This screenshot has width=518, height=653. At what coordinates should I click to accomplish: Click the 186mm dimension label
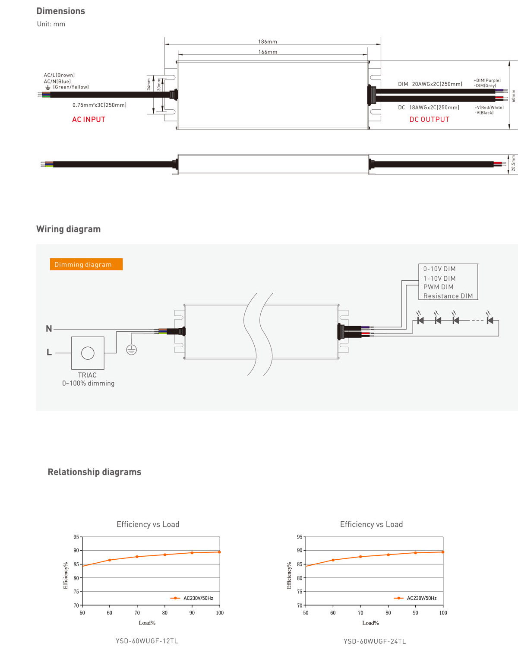pos(268,41)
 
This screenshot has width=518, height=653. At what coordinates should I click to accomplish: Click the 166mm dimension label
pos(268,52)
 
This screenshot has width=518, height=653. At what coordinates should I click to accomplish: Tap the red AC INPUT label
pos(88,120)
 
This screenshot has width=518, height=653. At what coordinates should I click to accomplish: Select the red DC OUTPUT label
pos(429,120)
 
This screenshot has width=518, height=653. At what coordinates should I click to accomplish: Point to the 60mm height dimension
pos(513,96)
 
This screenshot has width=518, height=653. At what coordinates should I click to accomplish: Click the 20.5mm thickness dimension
pos(513,164)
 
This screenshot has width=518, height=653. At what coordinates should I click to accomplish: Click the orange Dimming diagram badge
pos(86,264)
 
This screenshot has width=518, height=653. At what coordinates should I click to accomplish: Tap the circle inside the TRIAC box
pos(88,353)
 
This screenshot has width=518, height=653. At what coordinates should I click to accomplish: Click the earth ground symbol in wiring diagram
pos(132,350)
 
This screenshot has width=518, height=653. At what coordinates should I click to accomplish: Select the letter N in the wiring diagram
pos(49,329)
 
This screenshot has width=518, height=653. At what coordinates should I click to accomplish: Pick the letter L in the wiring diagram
pos(49,352)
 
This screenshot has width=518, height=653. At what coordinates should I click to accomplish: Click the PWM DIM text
pos(438,287)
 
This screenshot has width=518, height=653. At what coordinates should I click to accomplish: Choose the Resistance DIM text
pos(448,296)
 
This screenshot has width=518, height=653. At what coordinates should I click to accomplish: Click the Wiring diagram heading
pos(68,229)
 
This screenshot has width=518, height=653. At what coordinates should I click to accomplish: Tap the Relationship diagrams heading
pos(94,472)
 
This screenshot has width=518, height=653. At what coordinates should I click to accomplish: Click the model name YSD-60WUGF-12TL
pos(147,641)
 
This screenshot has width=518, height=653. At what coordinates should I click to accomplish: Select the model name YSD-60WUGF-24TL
pos(375,641)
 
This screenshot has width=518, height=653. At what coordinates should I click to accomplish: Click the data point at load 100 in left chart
pos(219,552)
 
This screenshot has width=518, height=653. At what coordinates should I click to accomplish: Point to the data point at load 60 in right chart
pos(333,560)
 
